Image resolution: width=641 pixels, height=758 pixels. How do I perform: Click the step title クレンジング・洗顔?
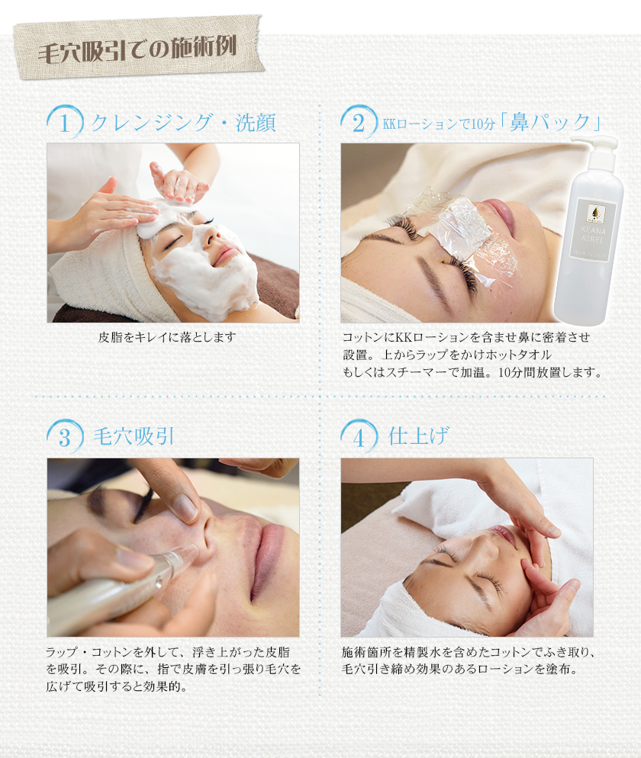(183, 123)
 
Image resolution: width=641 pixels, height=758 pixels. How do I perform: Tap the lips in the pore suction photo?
(269, 557)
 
